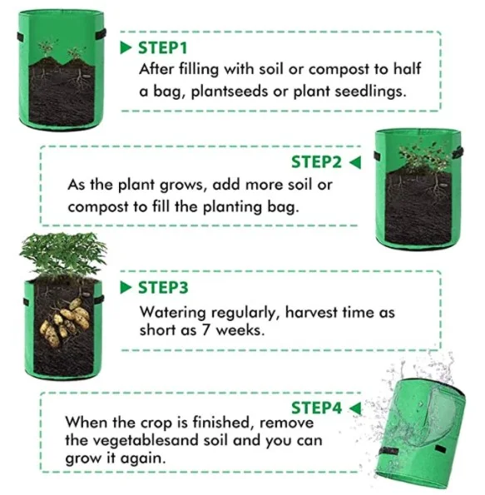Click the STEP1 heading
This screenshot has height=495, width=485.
point(163,48)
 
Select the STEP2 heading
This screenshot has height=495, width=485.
point(316,162)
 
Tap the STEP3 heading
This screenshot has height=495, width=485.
point(163,288)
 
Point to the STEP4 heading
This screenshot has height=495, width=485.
point(316,408)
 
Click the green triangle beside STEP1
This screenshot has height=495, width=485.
point(126,48)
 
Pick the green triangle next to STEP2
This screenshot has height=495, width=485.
point(355,162)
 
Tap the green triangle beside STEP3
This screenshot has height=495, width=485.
point(126,288)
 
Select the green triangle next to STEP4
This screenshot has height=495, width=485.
point(355,408)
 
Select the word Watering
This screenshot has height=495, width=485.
point(173,313)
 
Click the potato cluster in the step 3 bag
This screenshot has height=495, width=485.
point(65,321)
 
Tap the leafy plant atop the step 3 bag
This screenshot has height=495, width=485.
point(63,255)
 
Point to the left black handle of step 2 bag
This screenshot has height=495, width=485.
point(377,156)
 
